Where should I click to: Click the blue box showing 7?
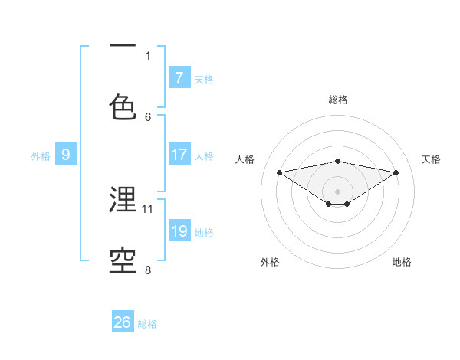pos(179,77)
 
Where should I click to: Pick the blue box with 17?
pos(179,155)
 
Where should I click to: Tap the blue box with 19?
pos(179,231)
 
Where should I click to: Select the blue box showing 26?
pos(123,322)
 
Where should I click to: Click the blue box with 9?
pos(66,155)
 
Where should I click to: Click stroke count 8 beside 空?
pos(148,270)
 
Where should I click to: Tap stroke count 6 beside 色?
pos(148,116)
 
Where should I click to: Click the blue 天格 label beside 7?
pos(204,79)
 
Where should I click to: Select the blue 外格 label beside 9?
pos(41,156)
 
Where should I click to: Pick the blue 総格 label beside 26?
pos(147,324)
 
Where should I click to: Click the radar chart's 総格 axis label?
pos(337,100)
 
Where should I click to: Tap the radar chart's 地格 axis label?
pos(402,262)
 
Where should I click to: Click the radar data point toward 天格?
pos(396,172)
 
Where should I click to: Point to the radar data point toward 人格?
pos(279,172)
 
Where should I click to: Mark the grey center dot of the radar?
pos(337,191)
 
